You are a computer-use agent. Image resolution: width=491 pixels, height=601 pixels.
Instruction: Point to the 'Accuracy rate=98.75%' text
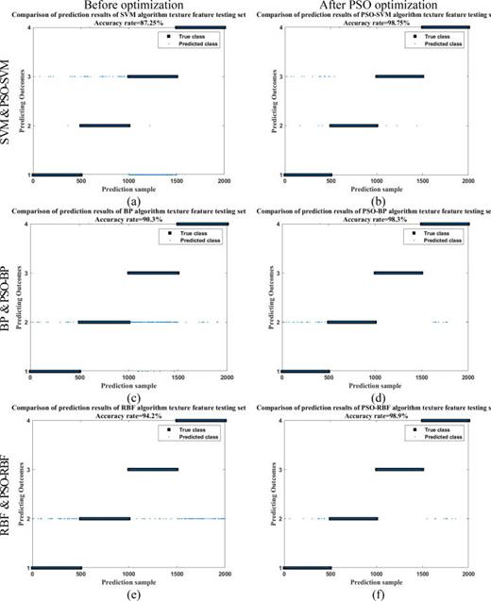click(x=376, y=23)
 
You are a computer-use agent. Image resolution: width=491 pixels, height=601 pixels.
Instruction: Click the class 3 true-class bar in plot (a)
click(x=152, y=76)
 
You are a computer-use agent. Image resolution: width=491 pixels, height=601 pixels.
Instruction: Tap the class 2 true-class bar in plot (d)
click(x=352, y=322)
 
